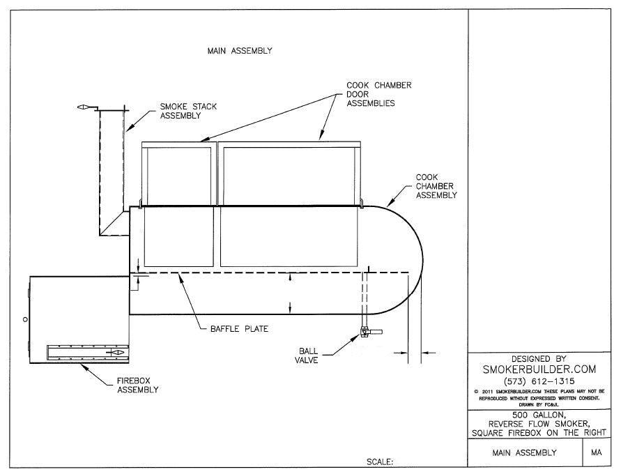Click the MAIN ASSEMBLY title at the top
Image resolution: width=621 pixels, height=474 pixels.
[240, 51]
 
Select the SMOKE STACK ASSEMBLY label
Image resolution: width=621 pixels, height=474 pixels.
[188, 112]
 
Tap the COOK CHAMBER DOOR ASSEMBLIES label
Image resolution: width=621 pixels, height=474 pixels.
[378, 94]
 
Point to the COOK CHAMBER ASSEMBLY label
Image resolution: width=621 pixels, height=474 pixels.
[436, 186]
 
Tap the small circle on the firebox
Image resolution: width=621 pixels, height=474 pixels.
[26, 319]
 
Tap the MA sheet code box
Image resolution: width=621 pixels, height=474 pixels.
[596, 452]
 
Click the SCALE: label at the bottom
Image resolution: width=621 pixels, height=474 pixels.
[380, 461]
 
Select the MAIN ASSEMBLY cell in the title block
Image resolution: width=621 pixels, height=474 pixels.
[524, 452]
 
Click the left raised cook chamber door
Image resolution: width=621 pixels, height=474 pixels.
[178, 174]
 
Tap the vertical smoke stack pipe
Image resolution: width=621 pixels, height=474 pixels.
[112, 167]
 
